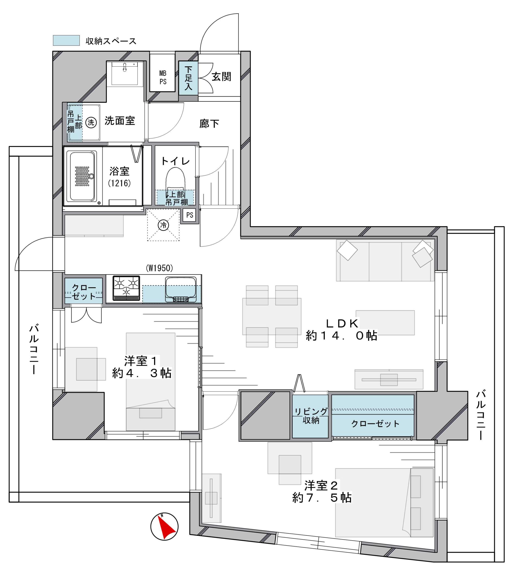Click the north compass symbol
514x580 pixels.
(164, 527)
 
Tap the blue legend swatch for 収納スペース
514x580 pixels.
(66, 40)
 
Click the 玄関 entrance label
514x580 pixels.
(221, 76)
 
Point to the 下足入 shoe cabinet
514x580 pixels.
(188, 78)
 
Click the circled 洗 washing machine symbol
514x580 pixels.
(91, 122)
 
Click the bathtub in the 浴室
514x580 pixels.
(82, 176)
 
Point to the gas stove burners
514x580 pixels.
(126, 288)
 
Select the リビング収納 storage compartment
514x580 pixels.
(311, 416)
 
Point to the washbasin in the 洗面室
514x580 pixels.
(125, 73)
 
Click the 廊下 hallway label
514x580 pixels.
(209, 124)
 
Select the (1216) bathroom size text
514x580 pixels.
(119, 183)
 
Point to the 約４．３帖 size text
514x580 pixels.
(142, 373)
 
